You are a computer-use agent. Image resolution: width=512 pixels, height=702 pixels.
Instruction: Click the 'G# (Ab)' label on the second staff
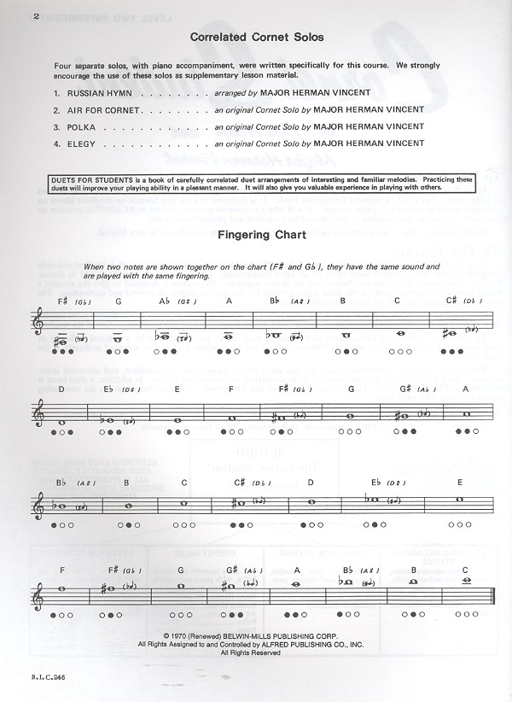407,389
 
